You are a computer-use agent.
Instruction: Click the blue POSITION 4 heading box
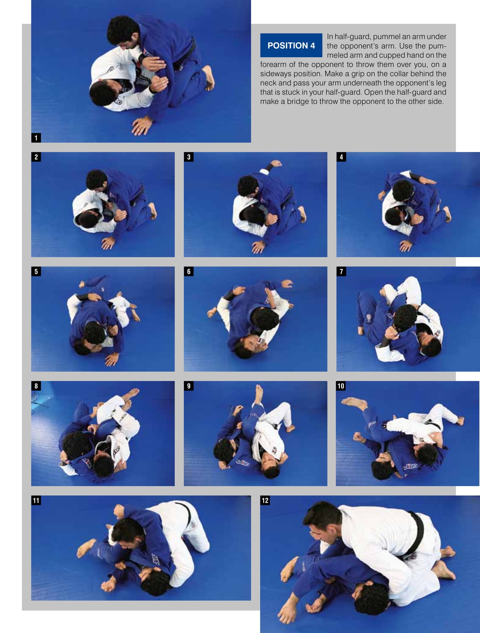(291, 45)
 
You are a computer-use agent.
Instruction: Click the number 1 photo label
(36, 138)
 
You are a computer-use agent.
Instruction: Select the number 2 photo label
(36, 157)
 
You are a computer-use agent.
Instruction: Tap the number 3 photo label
(189, 157)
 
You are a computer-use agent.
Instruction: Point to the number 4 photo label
(341, 157)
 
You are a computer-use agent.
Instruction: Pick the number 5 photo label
(36, 271)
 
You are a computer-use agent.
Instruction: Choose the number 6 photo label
(189, 271)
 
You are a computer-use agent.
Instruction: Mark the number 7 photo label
(341, 271)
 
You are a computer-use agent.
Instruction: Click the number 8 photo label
(36, 386)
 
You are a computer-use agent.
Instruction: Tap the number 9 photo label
(189, 386)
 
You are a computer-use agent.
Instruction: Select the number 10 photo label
(341, 386)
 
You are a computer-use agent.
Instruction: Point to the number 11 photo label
(36, 500)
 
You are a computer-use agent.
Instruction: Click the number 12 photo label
(265, 500)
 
